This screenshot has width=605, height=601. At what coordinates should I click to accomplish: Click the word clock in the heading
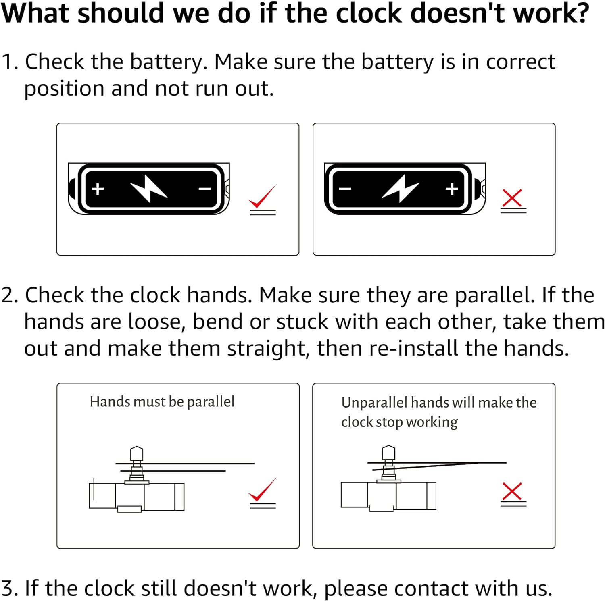[x=369, y=13]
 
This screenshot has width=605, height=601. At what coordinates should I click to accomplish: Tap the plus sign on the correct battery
[x=98, y=189]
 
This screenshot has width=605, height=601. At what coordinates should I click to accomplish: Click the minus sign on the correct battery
[x=205, y=189]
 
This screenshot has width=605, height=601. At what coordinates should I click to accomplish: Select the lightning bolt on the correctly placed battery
[x=149, y=188]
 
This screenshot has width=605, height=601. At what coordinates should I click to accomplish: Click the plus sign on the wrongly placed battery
[x=452, y=189]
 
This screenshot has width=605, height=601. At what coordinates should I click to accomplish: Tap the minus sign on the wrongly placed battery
[x=345, y=189]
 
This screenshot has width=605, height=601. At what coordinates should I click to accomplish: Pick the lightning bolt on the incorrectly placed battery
[x=401, y=188]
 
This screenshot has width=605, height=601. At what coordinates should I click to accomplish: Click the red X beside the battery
[x=512, y=198]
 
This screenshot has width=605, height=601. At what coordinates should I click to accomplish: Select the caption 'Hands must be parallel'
[x=162, y=402]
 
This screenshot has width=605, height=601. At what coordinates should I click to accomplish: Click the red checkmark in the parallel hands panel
[x=263, y=490]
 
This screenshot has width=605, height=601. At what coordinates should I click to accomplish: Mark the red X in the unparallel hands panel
[x=512, y=491]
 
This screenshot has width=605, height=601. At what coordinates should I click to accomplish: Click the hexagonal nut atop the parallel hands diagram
[x=137, y=453]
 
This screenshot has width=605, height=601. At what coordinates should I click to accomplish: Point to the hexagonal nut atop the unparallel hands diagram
[x=388, y=452]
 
